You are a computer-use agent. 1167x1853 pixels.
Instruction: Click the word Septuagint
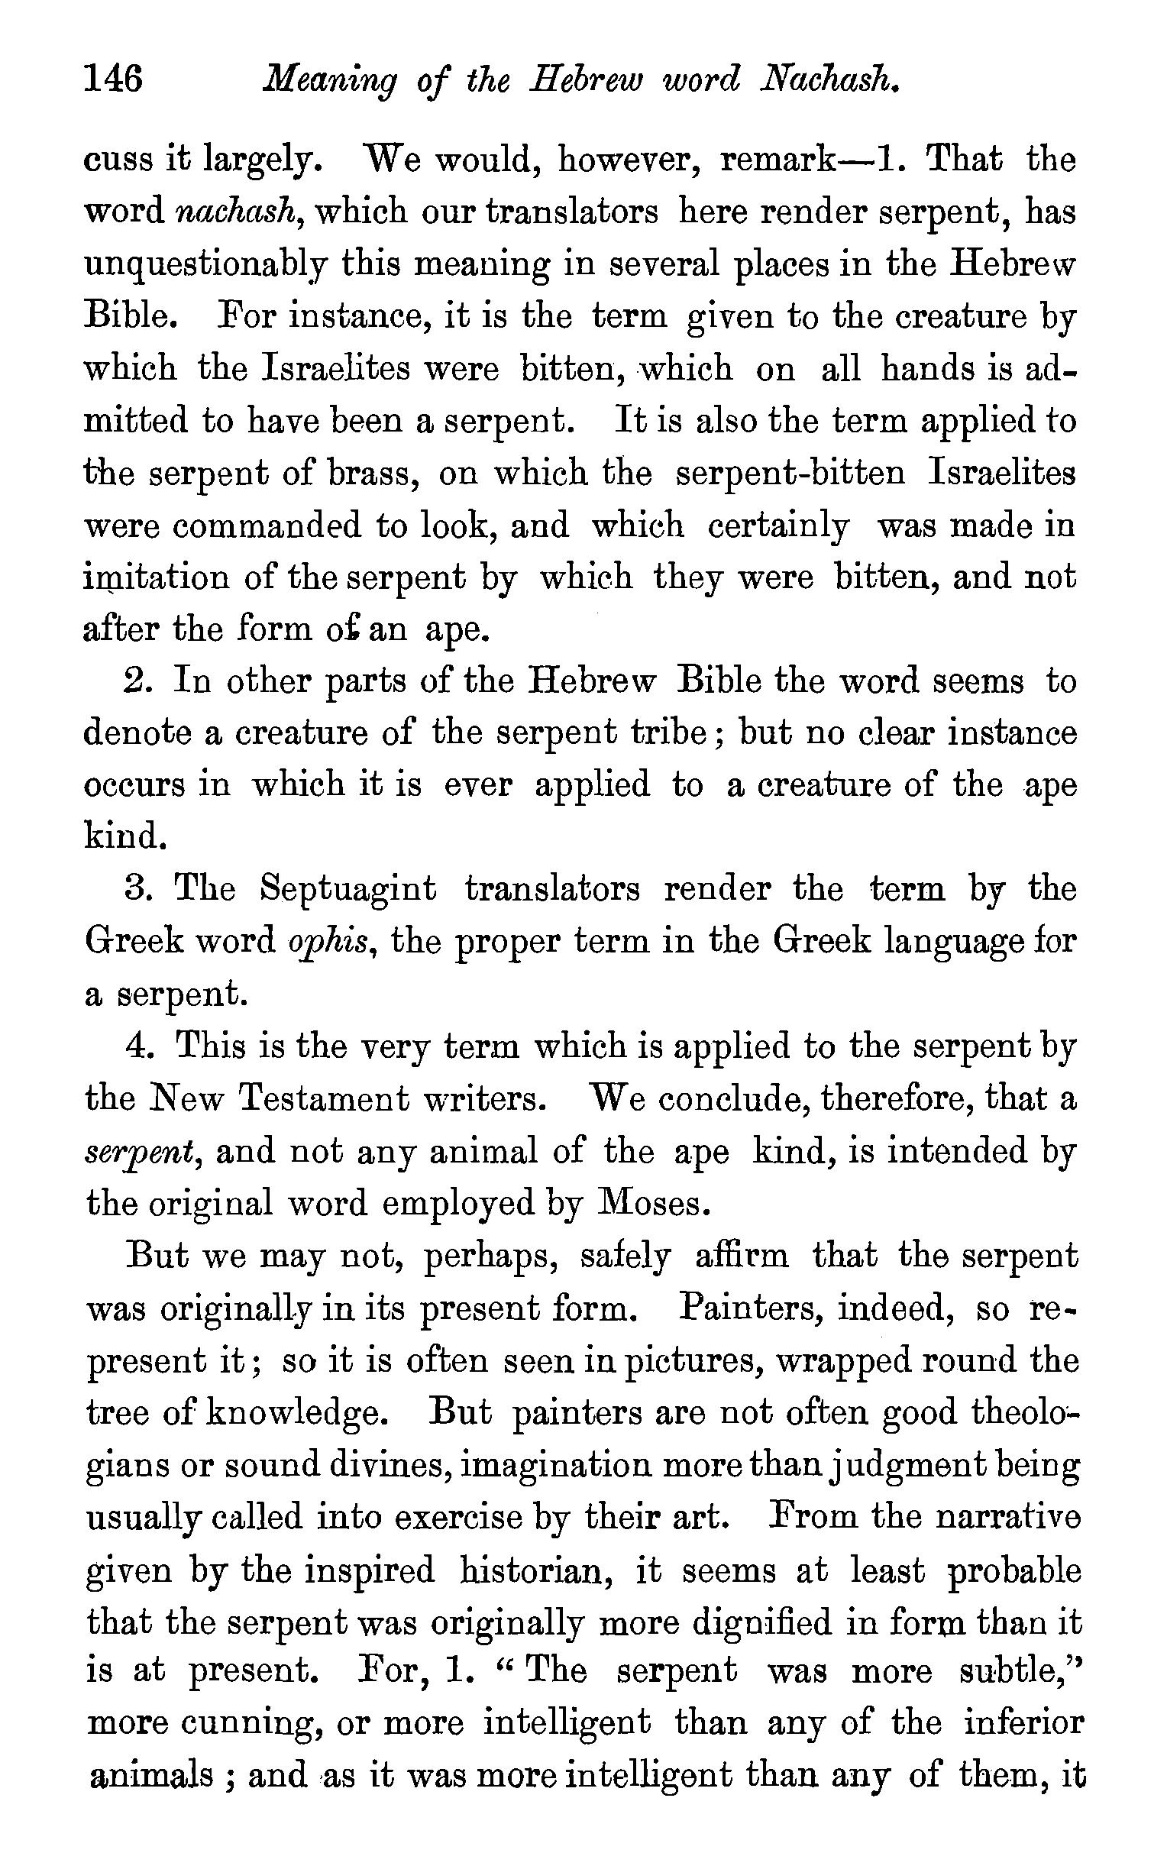point(348,890)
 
